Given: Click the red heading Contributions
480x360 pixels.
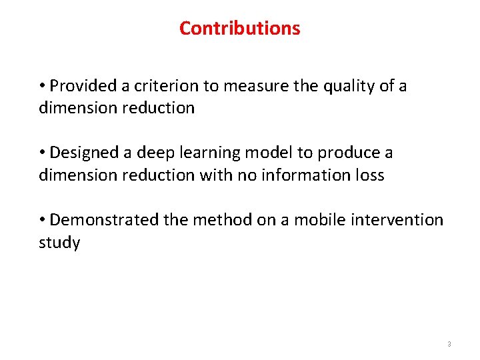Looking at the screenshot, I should point(239,29).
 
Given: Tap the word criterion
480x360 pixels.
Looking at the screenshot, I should point(163,86).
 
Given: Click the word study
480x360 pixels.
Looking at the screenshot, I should point(59,243).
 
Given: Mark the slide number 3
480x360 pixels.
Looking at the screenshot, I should point(449,344).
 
